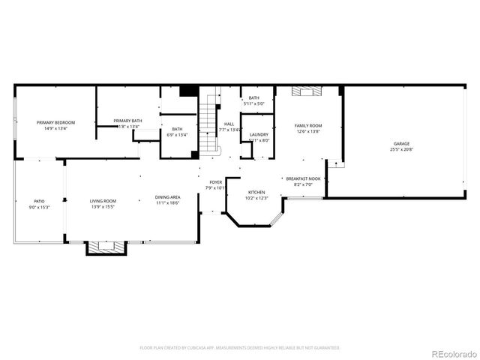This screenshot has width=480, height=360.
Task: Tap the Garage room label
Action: [x=400, y=143]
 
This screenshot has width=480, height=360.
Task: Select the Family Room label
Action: [x=307, y=125]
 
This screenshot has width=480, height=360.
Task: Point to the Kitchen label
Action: [x=257, y=192]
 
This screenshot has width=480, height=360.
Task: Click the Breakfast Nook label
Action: [x=303, y=178]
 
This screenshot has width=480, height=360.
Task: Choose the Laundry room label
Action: [x=259, y=134]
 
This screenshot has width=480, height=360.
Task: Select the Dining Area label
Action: [x=168, y=196]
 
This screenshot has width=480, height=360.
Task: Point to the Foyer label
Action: [x=215, y=182]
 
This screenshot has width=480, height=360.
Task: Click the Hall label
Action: [x=229, y=124]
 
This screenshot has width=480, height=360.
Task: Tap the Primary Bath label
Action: [x=127, y=121]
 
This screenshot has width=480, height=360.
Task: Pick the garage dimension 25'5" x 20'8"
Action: [x=400, y=149]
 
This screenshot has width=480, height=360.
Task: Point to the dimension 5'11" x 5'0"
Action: [x=254, y=104]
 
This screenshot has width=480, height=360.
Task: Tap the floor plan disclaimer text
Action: [x=240, y=348]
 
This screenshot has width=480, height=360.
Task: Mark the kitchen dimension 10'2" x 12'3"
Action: [x=257, y=198]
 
